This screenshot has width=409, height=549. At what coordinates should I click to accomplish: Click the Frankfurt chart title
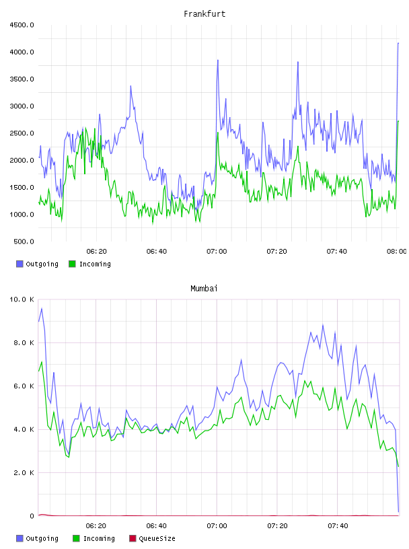point(204,14)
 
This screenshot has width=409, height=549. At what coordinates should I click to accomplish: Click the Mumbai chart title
point(204,289)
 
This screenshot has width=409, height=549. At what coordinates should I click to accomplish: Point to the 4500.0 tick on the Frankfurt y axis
point(22,25)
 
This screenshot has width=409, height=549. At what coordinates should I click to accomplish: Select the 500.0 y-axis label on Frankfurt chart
point(24,242)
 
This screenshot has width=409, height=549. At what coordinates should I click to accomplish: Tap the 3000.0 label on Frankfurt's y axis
point(22,106)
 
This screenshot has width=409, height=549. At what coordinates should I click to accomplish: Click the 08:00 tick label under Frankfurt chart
point(397,252)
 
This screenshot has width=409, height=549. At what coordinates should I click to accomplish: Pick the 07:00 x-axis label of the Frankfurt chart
point(217,252)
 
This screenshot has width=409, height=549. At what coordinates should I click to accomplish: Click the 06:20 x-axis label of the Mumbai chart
point(96,526)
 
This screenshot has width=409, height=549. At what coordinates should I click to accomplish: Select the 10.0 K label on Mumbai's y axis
point(22,299)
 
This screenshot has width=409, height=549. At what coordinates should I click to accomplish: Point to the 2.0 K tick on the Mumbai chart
point(24,473)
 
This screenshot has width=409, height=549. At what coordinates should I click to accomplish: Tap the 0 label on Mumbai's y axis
point(32,516)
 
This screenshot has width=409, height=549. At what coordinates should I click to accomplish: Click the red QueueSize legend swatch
point(133,538)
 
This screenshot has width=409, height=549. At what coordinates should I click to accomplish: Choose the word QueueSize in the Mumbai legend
point(157,538)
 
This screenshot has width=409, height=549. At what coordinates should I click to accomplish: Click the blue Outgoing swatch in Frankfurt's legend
point(20,264)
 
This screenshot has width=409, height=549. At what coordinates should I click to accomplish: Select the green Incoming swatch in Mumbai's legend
point(76,538)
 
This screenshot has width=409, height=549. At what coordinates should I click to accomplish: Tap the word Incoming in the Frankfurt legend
point(95,264)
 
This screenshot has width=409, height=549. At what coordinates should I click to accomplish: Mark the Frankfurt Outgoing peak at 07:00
point(218,61)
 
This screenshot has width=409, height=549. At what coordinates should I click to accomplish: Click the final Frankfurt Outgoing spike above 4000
point(398,43)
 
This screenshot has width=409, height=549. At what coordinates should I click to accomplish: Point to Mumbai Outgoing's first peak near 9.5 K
point(42,308)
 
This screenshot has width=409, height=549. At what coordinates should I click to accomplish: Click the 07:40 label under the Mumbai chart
point(338,526)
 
